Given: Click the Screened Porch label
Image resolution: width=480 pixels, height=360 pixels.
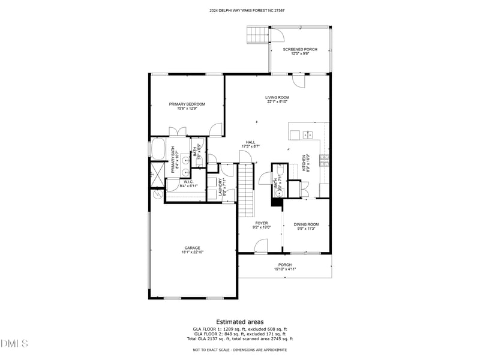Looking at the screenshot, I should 300,49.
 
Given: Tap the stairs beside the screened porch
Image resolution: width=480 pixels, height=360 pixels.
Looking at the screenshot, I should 257,35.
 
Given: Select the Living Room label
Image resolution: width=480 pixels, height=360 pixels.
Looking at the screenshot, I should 278,97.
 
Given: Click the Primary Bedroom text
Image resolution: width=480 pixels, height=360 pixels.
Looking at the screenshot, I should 187,104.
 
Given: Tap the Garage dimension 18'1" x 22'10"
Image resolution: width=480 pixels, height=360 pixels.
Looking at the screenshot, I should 192,252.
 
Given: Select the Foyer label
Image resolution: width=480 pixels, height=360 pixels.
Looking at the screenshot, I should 261,223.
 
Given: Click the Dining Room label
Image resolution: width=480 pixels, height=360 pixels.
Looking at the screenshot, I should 306,223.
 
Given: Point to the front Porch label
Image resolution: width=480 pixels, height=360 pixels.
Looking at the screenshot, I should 285,265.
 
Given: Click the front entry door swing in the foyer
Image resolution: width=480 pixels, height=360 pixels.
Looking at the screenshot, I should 260,246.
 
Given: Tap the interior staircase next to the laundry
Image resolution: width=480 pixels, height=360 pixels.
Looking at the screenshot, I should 247,191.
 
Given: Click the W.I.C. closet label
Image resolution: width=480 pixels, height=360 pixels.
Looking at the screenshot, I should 188,182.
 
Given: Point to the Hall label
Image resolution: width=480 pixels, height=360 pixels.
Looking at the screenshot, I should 250,142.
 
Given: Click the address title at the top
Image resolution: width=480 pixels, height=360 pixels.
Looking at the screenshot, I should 240,10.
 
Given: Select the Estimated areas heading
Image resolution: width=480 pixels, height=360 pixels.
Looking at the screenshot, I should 240,322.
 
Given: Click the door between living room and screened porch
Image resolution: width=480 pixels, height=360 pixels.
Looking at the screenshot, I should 298,81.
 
